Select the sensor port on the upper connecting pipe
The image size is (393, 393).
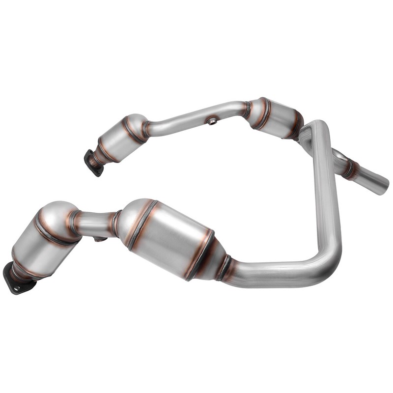(x=212, y=121)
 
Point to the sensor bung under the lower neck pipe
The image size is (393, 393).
(x=100, y=239)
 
